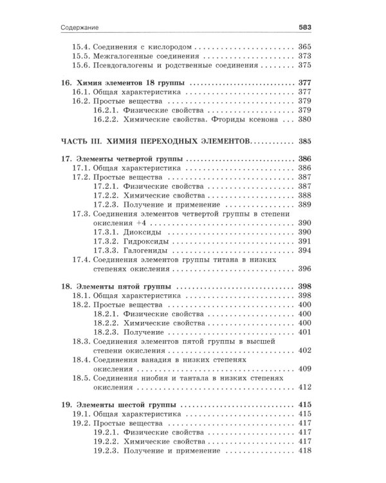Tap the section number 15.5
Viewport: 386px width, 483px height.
pyautogui.click(x=80, y=56)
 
